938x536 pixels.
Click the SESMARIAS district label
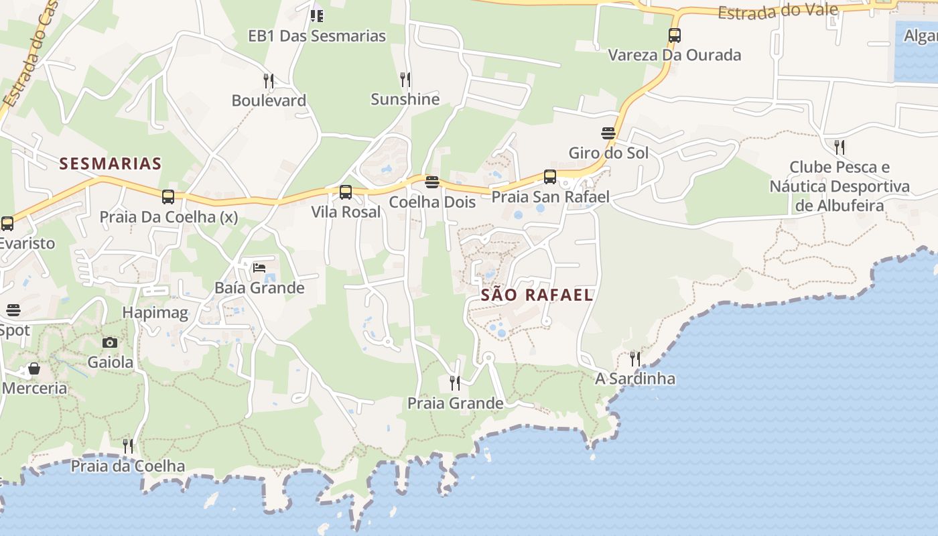(111, 163)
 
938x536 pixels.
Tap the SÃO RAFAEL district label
(537, 295)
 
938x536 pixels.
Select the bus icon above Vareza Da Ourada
(675, 36)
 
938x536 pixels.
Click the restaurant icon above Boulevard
(269, 81)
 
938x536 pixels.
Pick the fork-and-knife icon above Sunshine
(405, 80)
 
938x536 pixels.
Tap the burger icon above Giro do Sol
(608, 133)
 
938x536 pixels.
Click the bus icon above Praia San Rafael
(550, 177)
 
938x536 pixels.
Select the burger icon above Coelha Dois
(432, 182)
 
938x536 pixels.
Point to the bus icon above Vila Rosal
(346, 192)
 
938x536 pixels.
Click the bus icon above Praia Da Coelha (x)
(168, 197)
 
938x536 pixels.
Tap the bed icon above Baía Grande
(259, 268)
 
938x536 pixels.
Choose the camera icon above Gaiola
(110, 342)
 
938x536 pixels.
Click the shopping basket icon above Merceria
(34, 368)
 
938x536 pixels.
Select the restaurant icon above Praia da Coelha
(128, 446)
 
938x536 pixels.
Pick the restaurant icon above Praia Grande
(455, 383)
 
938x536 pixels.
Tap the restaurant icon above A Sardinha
(634, 358)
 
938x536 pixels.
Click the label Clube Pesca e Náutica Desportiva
(840, 186)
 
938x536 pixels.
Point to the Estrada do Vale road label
(778, 11)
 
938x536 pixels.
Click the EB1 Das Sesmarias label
(317, 36)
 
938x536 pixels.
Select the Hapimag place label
(155, 312)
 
